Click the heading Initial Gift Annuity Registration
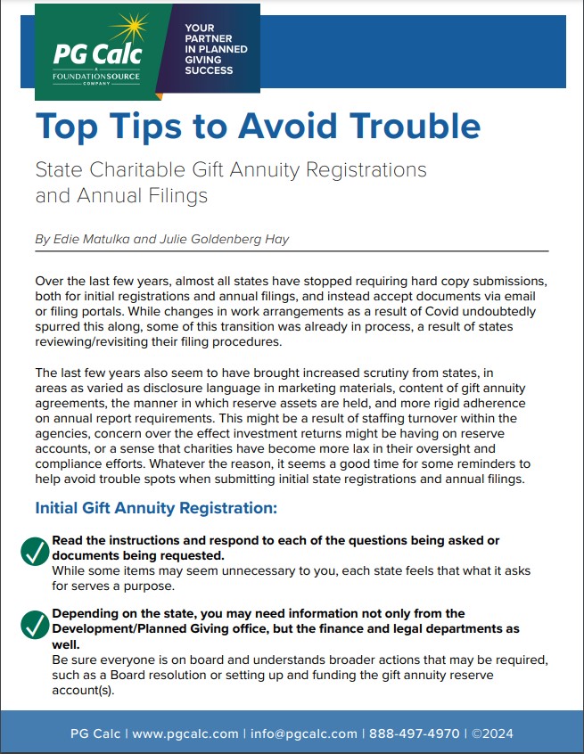(x=156, y=508)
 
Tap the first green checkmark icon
(x=35, y=552)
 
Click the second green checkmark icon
(x=35, y=625)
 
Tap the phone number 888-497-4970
(x=415, y=734)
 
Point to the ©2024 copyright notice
(x=492, y=734)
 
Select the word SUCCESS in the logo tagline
(x=209, y=70)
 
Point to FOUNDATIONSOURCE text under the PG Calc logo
(x=93, y=74)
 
